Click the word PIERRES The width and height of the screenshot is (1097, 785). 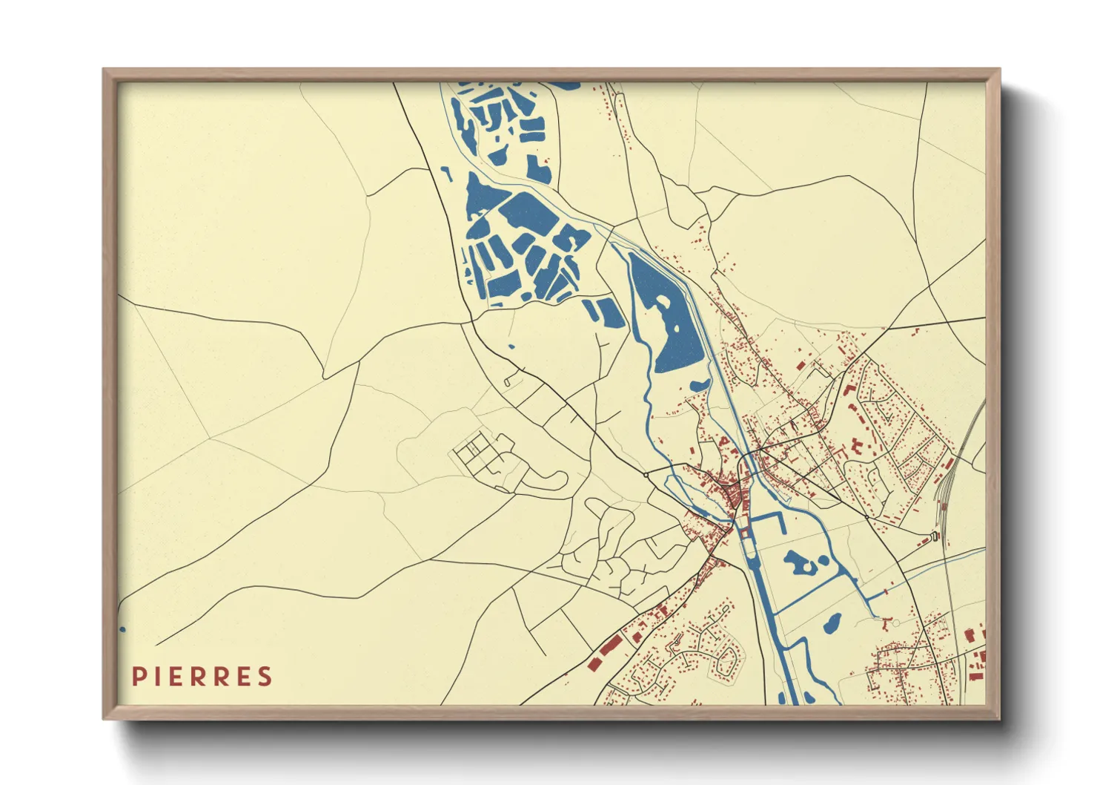coord(202,677)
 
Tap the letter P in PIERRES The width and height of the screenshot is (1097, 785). coord(138,677)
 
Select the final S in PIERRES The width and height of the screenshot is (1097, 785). coord(265,677)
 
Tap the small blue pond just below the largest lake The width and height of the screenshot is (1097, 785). coord(699,385)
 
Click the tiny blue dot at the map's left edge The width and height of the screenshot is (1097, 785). coord(122,629)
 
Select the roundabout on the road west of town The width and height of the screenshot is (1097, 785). coord(646,473)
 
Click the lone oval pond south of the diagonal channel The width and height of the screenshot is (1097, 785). coord(832,623)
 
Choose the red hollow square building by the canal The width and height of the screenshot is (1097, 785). coord(744,533)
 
